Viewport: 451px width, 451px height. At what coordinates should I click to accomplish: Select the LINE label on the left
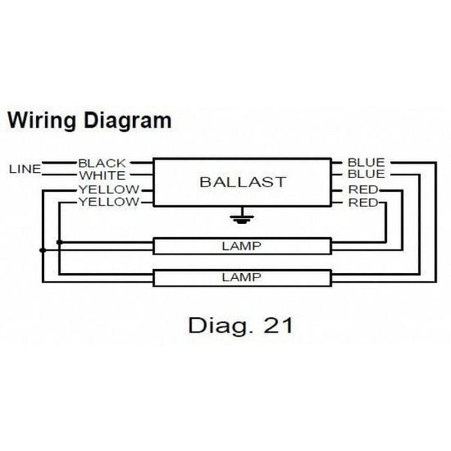pos(24,169)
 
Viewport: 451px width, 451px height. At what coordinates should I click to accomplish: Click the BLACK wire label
pos(102,163)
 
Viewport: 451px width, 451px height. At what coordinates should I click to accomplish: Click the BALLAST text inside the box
pos(242,182)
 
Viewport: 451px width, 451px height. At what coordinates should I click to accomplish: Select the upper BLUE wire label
pos(366,163)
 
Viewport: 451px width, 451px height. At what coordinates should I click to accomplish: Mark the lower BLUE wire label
pos(366,175)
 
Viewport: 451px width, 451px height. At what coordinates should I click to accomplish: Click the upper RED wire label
pos(362,189)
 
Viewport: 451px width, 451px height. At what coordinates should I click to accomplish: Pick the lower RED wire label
pos(362,202)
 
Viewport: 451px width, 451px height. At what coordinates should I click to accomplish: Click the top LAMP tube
pos(242,246)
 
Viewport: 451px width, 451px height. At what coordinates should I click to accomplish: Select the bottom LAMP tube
pos(242,277)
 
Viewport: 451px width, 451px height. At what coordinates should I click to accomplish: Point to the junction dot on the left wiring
pos(43,249)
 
